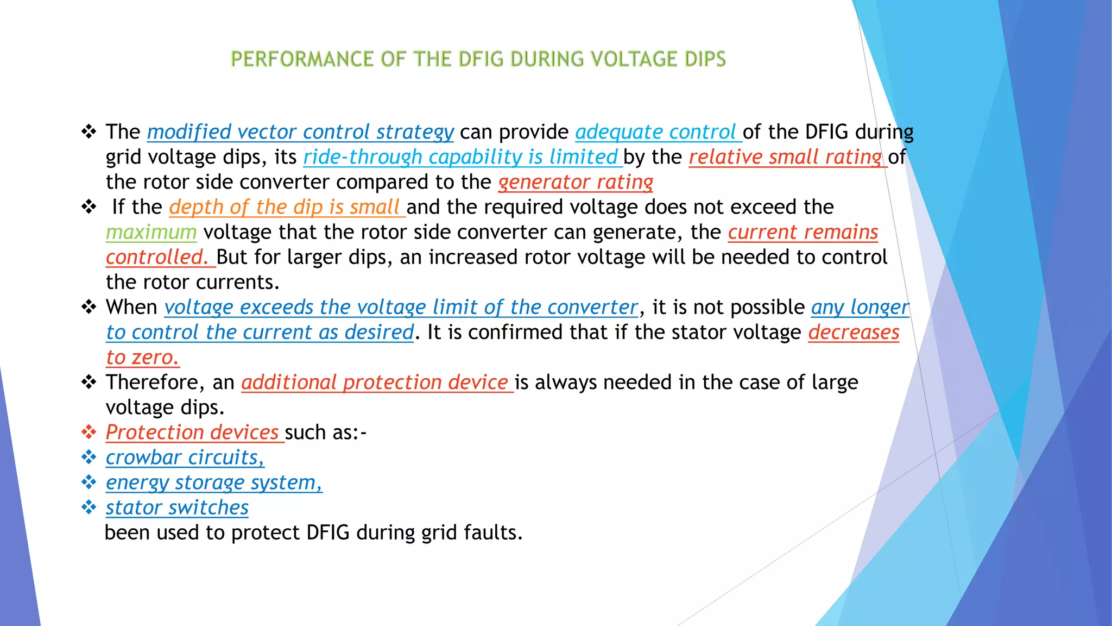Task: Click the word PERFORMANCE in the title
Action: pyautogui.click(x=302, y=59)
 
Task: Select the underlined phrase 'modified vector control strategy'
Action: pyautogui.click(x=300, y=132)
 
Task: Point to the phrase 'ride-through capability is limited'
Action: pyautogui.click(x=460, y=157)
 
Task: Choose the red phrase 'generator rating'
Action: pyautogui.click(x=576, y=182)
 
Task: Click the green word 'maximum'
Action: pyautogui.click(x=151, y=232)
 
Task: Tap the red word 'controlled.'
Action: pyautogui.click(x=157, y=257)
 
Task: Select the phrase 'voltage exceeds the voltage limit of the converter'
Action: pyautogui.click(x=401, y=307)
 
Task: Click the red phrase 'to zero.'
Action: pyautogui.click(x=142, y=358)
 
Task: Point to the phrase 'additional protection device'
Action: pyautogui.click(x=375, y=383)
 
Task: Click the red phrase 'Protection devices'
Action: pyautogui.click(x=192, y=433)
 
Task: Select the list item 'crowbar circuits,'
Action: pyautogui.click(x=185, y=458)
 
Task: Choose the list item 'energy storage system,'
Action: pyautogui.click(x=214, y=483)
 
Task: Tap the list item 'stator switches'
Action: pyautogui.click(x=177, y=508)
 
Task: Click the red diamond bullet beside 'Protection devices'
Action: pyautogui.click(x=89, y=432)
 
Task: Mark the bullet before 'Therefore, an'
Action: pyautogui.click(x=89, y=382)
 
